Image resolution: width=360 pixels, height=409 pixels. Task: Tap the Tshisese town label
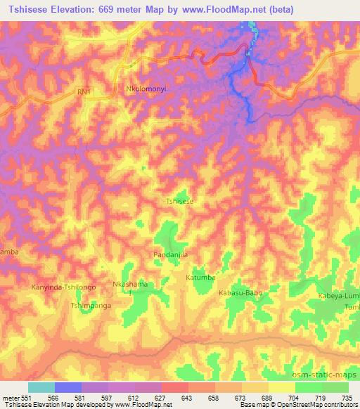coord(179,201)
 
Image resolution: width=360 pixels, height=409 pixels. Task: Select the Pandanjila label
coord(171,255)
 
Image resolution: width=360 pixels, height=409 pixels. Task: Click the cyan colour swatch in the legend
coord(41,387)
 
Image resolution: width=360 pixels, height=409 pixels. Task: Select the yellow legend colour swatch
coord(281,387)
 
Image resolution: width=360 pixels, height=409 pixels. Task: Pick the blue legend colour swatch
coord(67,387)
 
